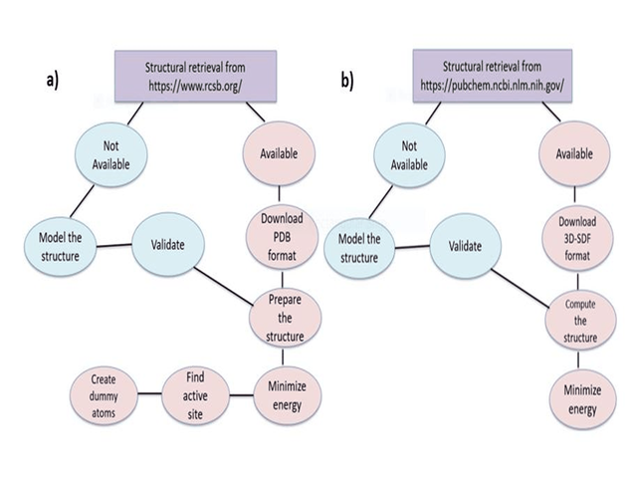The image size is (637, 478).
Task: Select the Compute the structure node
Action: coord(576,322)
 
